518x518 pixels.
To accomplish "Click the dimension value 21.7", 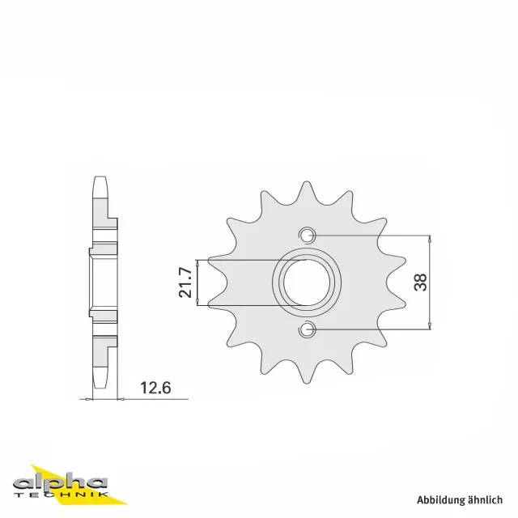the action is pos(185,282).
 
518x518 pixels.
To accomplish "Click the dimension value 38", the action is pos(420,282).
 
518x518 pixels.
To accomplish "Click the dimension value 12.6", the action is pos(155,388).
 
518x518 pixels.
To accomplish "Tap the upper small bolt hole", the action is pos(307,236).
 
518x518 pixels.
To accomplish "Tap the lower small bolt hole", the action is pos(307,329).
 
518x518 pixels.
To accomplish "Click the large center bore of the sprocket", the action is pos(307,282).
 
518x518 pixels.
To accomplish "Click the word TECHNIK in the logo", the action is pos(62,495).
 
